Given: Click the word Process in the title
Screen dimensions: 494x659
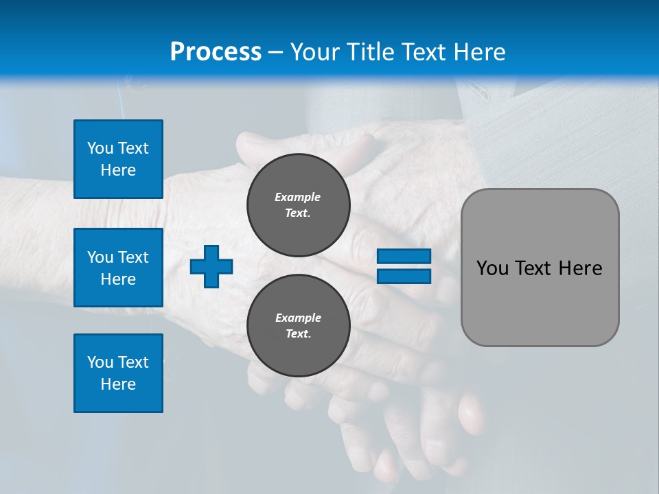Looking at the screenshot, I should coord(216,52).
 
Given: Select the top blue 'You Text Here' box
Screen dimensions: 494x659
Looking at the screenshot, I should coord(118,159).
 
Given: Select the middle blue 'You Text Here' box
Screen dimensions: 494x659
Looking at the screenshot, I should coord(118,268).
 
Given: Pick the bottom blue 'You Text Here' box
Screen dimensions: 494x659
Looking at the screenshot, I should coord(118,373).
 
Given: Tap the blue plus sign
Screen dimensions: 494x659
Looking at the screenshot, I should coord(211,266).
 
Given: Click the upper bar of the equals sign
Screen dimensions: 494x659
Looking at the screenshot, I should coord(404,257).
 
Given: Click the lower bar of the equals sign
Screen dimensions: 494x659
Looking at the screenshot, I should coord(404,277).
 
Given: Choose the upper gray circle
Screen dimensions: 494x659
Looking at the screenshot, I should coord(299,204).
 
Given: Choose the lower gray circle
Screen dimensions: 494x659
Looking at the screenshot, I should coord(299,325).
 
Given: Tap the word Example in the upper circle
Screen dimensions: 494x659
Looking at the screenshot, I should coord(298,197).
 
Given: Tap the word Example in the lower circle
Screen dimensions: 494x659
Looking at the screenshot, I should coord(298,318).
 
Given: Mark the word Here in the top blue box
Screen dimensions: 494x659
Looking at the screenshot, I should coord(118,170).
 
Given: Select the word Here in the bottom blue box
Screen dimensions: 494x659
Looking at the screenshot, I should coord(118,384).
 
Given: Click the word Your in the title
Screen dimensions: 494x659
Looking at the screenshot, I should coord(313,52).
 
